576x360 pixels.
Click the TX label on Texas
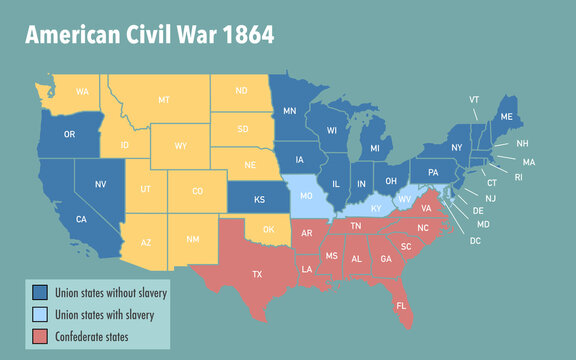click(257, 273)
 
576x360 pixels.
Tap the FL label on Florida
click(401, 305)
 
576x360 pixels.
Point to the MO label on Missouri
click(306, 197)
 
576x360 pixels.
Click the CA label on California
click(80, 219)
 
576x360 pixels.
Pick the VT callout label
click(474, 100)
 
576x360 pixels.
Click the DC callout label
click(474, 241)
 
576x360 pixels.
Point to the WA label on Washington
click(82, 91)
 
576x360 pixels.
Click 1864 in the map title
click(238, 34)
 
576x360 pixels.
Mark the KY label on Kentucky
click(376, 208)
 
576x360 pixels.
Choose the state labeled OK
click(268, 229)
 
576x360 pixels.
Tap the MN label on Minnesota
click(289, 110)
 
